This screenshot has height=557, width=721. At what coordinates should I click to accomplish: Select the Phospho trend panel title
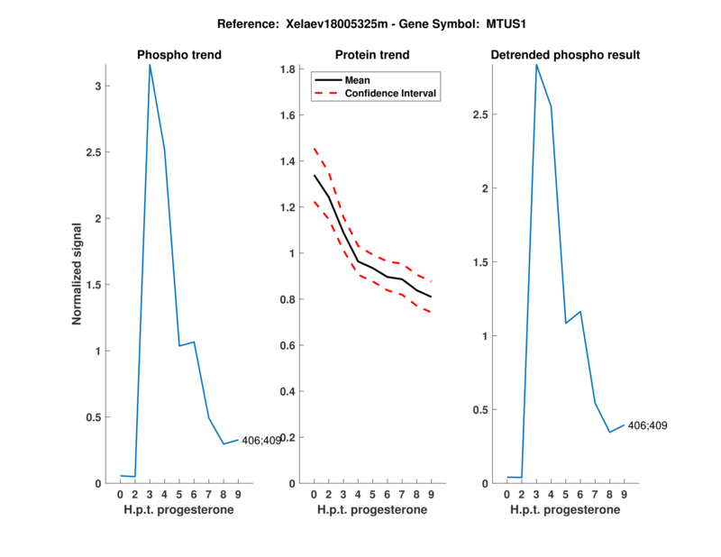[179, 55]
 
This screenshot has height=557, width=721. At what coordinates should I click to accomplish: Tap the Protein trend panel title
[372, 55]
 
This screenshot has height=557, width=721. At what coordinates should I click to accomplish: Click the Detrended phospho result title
[565, 55]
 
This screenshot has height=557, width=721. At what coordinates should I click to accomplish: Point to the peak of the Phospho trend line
[150, 65]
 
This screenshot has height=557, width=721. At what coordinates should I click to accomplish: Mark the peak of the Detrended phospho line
[536, 65]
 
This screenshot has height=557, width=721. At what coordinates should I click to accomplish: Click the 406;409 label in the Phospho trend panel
[260, 440]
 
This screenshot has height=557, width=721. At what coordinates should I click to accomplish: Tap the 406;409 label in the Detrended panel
[647, 425]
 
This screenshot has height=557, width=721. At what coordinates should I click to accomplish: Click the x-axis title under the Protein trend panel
[372, 510]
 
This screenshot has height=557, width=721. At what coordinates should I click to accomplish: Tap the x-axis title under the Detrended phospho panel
[565, 510]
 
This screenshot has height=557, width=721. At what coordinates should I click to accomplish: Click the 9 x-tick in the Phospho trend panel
[238, 494]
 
